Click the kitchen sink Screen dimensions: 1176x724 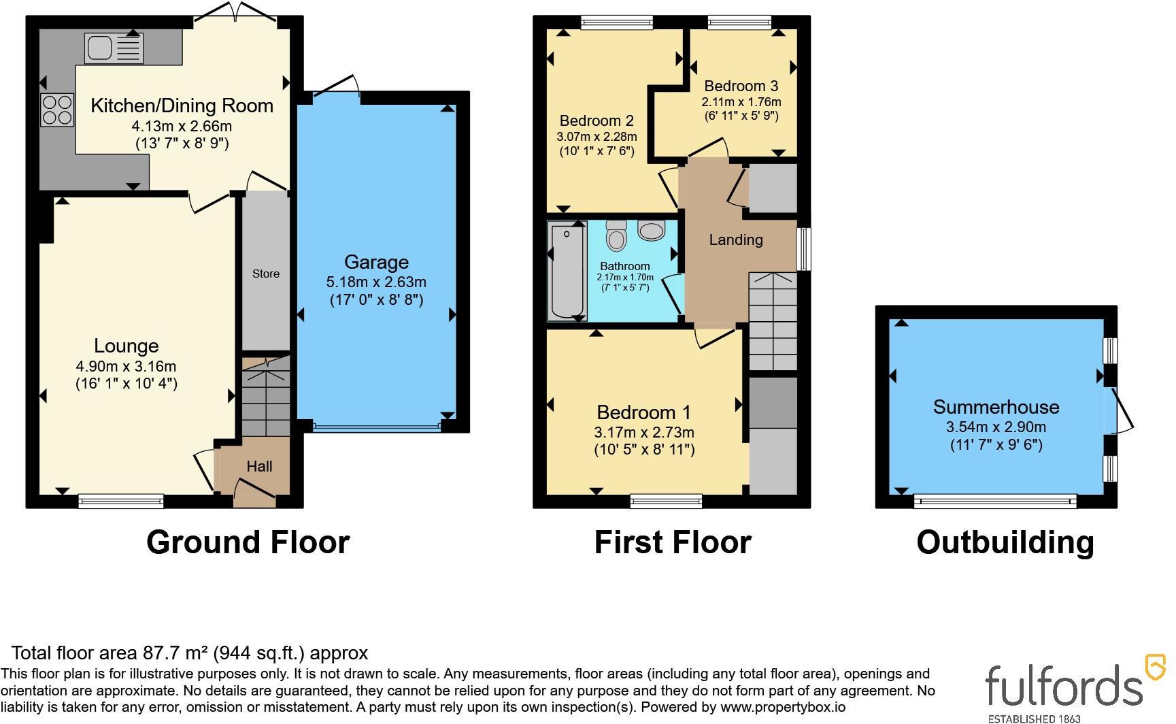click(114, 48)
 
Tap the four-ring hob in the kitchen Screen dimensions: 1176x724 click(57, 110)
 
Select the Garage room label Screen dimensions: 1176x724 click(376, 262)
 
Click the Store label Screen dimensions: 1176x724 click(266, 274)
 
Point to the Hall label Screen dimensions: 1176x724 click(259, 466)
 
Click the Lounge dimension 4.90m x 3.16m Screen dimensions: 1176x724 click(127, 367)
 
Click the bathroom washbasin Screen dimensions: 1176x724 click(652, 231)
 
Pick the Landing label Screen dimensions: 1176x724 click(736, 240)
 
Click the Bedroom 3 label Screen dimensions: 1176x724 click(741, 86)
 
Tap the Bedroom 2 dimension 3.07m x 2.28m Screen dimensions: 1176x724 click(597, 136)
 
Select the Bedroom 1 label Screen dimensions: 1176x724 click(643, 412)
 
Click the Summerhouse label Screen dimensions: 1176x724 click(996, 407)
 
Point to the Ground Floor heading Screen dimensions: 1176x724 click(248, 542)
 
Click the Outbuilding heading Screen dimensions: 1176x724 click(1005, 542)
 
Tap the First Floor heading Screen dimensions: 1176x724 click(673, 542)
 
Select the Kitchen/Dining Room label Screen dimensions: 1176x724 click(182, 105)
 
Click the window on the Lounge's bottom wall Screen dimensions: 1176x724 click(121, 501)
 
